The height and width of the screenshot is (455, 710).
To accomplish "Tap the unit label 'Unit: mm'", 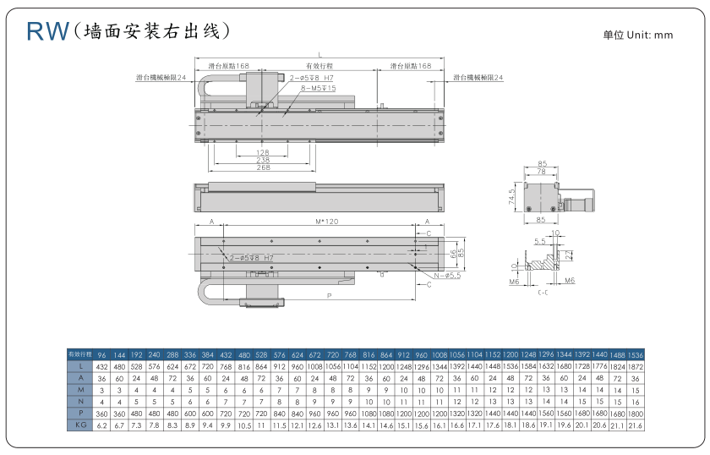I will point(638,36).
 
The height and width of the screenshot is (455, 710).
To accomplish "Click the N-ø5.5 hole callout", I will point(446,274).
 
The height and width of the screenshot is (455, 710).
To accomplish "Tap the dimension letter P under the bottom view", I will point(328,296).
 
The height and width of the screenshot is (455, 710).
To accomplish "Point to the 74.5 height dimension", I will point(511,196).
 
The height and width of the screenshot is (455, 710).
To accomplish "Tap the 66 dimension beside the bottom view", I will point(452,252).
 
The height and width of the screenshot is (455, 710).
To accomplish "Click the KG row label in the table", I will point(81,425).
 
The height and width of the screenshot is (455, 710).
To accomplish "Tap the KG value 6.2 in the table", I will point(101,425).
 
